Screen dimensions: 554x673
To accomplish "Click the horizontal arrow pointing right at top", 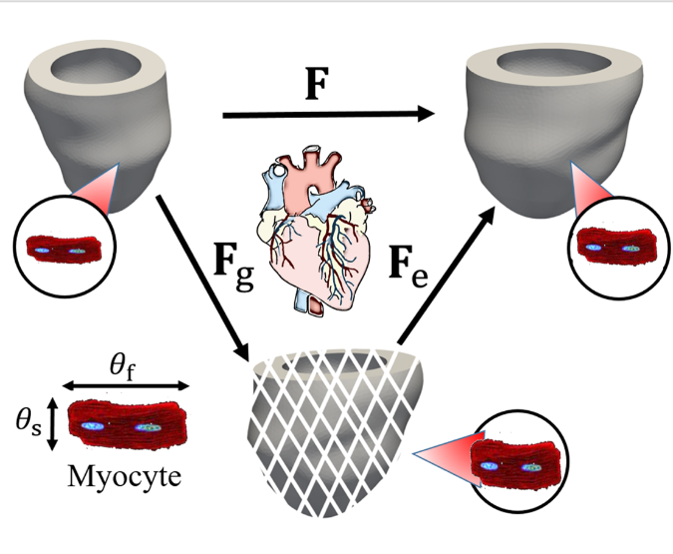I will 329,115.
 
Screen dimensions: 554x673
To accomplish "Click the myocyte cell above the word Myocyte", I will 127,425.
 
